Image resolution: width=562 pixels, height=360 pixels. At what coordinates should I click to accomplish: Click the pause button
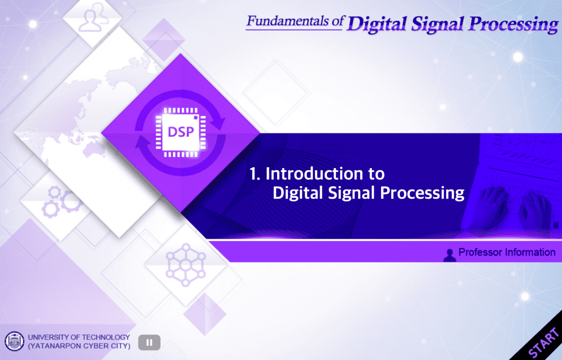(149, 342)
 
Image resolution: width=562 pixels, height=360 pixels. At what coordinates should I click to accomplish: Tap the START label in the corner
(544, 343)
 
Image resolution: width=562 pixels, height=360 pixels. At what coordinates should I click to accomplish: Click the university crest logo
(14, 341)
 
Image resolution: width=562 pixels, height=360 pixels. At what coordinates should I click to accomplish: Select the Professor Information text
(507, 252)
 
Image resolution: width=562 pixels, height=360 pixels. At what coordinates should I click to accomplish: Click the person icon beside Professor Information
(450, 254)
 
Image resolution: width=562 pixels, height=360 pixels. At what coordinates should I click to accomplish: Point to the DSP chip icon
(180, 132)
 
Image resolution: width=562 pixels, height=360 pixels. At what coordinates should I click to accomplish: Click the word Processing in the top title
(513, 24)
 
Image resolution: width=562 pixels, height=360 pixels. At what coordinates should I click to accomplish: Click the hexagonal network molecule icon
(185, 265)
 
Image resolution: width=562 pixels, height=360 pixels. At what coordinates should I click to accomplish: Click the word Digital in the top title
(376, 24)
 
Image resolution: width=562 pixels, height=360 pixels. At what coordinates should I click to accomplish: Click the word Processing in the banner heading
(422, 193)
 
